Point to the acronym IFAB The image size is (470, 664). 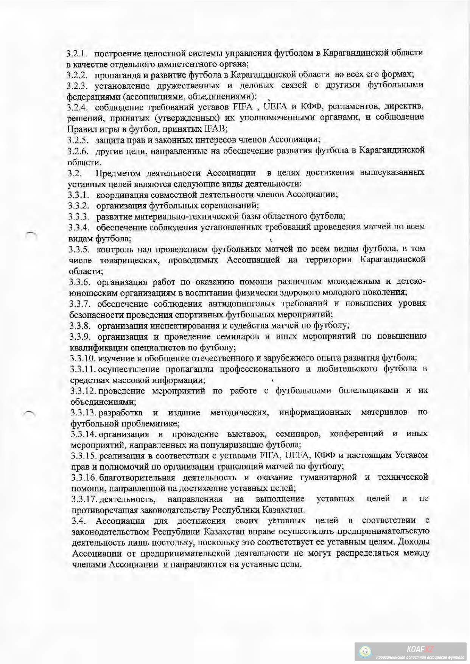coord(215,129)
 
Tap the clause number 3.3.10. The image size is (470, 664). coord(81,358)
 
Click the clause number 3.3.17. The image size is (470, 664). coord(84,499)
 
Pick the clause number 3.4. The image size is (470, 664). coord(78,521)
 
